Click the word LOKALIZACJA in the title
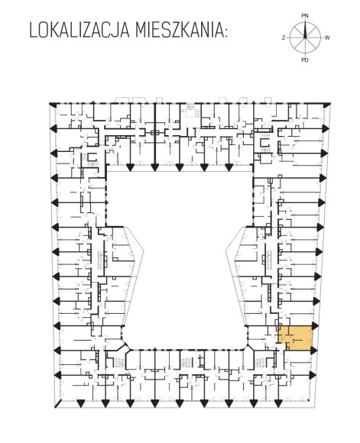pos(79,30)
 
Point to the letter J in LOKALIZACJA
pos(115,30)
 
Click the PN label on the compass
pos(305,16)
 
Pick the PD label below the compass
pos(305,60)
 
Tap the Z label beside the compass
pos(284,37)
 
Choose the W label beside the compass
pos(327,37)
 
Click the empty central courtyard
pos(181,254)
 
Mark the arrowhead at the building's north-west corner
pos(53,105)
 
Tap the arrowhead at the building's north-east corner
pos(326,105)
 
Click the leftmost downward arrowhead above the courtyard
pos(130,167)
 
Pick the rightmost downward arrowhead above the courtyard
pos(229,167)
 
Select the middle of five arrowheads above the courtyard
pos(180,167)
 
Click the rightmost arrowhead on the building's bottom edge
pos(278,404)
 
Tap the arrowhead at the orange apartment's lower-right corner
pos(313,351)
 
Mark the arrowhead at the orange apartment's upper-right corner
pos(314,325)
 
